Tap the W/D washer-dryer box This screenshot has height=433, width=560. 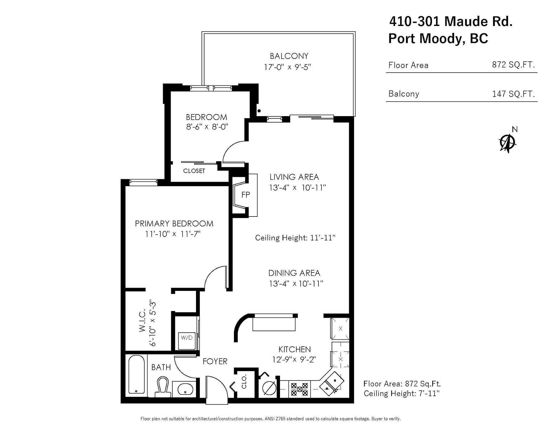tap(187, 341)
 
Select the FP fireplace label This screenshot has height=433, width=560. tap(246, 195)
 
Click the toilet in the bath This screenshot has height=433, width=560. tap(162, 387)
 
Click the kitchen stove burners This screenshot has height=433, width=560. tap(300, 389)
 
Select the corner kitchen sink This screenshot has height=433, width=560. tap(332, 383)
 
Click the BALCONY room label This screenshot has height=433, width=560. tap(289, 56)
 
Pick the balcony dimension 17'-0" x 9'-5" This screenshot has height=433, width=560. tap(288, 67)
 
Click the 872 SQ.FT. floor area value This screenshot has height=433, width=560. tap(513, 65)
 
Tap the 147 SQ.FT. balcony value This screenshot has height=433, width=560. tap(513, 94)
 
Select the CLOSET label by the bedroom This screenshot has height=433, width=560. tap(194, 171)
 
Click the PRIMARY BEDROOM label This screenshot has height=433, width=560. tap(174, 224)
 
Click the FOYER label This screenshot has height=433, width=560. tap(215, 362)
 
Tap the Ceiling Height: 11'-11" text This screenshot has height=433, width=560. tap(295, 238)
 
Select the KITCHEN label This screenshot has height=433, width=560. tap(295, 349)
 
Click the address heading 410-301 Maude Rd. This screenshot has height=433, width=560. tap(451, 21)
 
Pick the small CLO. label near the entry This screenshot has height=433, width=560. tap(244, 381)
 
